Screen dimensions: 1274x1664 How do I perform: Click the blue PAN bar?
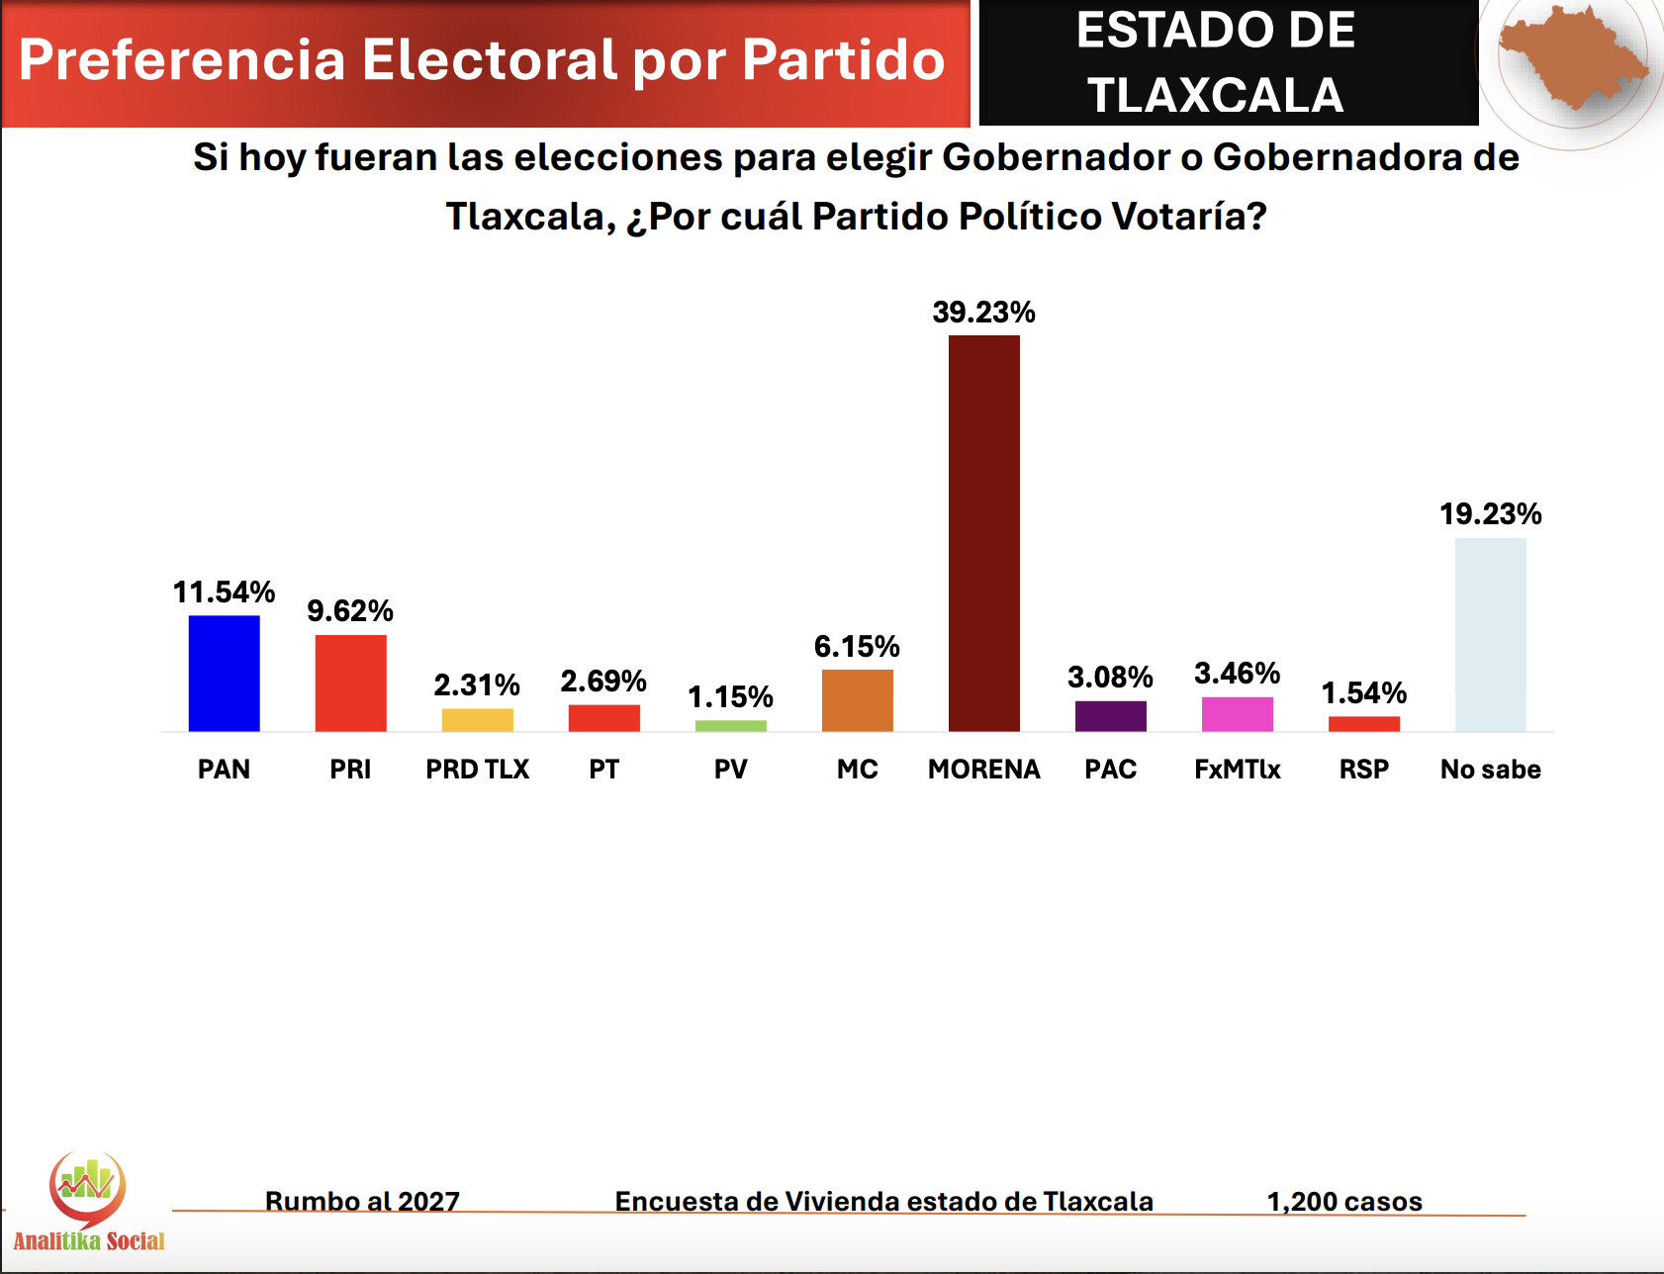(224, 673)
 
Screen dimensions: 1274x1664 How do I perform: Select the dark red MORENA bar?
(983, 534)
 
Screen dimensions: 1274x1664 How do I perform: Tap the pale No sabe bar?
(1490, 635)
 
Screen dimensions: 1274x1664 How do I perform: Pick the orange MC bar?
(857, 700)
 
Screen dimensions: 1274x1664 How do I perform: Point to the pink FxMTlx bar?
(1237, 714)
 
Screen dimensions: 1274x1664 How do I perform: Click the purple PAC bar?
(1110, 716)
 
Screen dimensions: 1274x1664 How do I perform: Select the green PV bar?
(730, 726)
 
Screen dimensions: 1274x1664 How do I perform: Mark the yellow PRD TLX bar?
(477, 720)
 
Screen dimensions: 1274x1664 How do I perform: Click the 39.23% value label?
(983, 313)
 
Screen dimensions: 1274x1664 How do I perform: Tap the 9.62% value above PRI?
(350, 611)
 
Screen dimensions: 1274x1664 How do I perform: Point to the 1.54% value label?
(1363, 692)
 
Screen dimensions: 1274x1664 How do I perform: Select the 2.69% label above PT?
(603, 681)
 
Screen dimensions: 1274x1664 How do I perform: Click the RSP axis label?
(1363, 770)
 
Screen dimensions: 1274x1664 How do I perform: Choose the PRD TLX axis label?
(477, 770)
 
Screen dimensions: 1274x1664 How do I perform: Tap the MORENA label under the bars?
(983, 770)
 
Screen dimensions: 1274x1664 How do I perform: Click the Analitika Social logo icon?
(87, 1187)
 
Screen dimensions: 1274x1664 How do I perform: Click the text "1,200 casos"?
(1343, 1201)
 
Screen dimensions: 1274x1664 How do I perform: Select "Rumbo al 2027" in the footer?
(362, 1201)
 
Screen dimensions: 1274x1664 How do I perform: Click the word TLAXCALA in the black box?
(1215, 96)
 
